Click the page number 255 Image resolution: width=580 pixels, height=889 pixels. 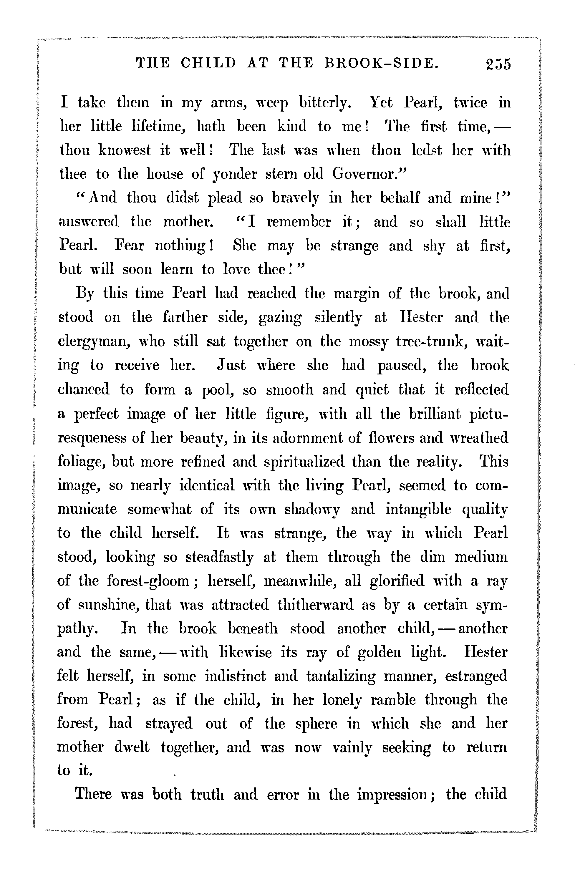(x=498, y=64)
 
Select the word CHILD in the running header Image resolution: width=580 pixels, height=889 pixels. (x=208, y=63)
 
